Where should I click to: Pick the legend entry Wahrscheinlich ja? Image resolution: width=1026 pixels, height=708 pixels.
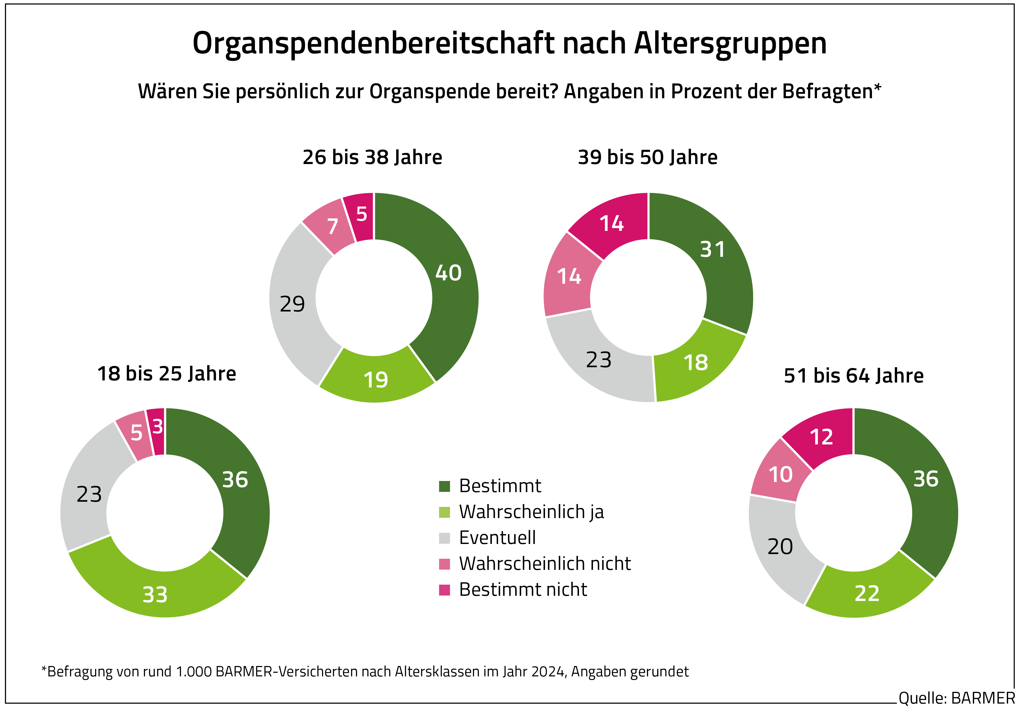coord(531,512)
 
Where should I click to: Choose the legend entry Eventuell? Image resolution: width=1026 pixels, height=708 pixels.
coord(497,538)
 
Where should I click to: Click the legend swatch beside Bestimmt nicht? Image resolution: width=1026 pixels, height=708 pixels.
coord(444,590)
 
